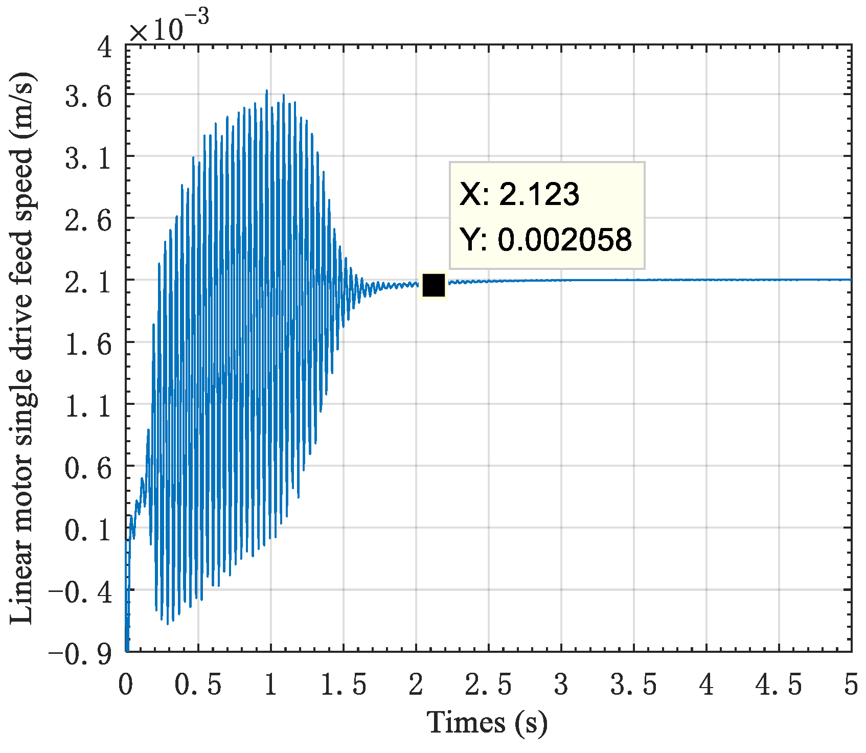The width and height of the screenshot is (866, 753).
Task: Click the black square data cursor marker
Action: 434,285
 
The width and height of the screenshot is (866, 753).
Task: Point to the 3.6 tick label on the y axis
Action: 88,96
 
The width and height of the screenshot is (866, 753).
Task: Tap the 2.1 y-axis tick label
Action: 88,281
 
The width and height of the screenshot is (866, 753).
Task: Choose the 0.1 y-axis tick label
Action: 88,530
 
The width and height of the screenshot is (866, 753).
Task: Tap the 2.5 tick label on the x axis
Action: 488,685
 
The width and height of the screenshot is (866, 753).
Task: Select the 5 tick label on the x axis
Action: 851,685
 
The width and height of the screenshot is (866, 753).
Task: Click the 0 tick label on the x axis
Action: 126,685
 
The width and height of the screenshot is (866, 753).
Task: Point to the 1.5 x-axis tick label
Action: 344,685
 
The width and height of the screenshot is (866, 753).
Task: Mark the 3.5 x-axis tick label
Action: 634,685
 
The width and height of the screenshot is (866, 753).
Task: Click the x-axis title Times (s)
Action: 487,723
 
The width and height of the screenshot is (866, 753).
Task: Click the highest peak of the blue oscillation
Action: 267,91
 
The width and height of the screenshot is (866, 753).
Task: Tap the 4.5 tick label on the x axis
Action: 779,685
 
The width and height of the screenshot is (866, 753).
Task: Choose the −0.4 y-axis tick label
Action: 80,592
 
